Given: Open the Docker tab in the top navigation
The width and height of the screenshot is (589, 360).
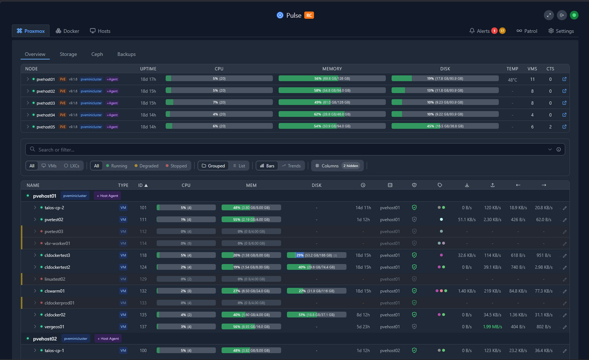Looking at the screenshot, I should click(68, 31).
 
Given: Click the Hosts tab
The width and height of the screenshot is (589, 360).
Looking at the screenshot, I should click(100, 31).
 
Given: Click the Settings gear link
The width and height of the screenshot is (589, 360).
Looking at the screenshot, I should click(561, 31).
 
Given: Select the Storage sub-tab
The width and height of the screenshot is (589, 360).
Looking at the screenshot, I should click(68, 54).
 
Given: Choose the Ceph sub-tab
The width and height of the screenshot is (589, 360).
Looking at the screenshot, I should click(97, 54).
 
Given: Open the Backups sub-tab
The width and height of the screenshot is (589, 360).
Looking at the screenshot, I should click(126, 54).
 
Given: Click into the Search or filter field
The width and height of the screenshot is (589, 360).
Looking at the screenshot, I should click(290, 150).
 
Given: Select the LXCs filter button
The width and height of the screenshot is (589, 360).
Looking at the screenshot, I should click(73, 166).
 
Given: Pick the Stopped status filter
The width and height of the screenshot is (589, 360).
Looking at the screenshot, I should click(176, 166).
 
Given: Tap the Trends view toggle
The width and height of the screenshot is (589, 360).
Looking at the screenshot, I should click(291, 166).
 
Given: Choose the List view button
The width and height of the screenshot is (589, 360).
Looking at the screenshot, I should click(239, 166).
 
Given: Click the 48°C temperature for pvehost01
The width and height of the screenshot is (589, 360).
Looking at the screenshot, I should click(512, 79).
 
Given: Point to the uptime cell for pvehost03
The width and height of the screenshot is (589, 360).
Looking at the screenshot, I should click(148, 103).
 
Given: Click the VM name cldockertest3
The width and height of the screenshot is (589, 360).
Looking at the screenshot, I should click(57, 255).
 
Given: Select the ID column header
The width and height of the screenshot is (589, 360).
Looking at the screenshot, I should click(143, 185).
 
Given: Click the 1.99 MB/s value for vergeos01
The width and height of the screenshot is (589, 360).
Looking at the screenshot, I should click(492, 327).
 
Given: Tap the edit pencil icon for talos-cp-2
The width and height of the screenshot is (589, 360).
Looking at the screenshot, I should click(564, 208).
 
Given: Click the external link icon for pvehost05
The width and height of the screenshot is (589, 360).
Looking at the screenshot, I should click(564, 127).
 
